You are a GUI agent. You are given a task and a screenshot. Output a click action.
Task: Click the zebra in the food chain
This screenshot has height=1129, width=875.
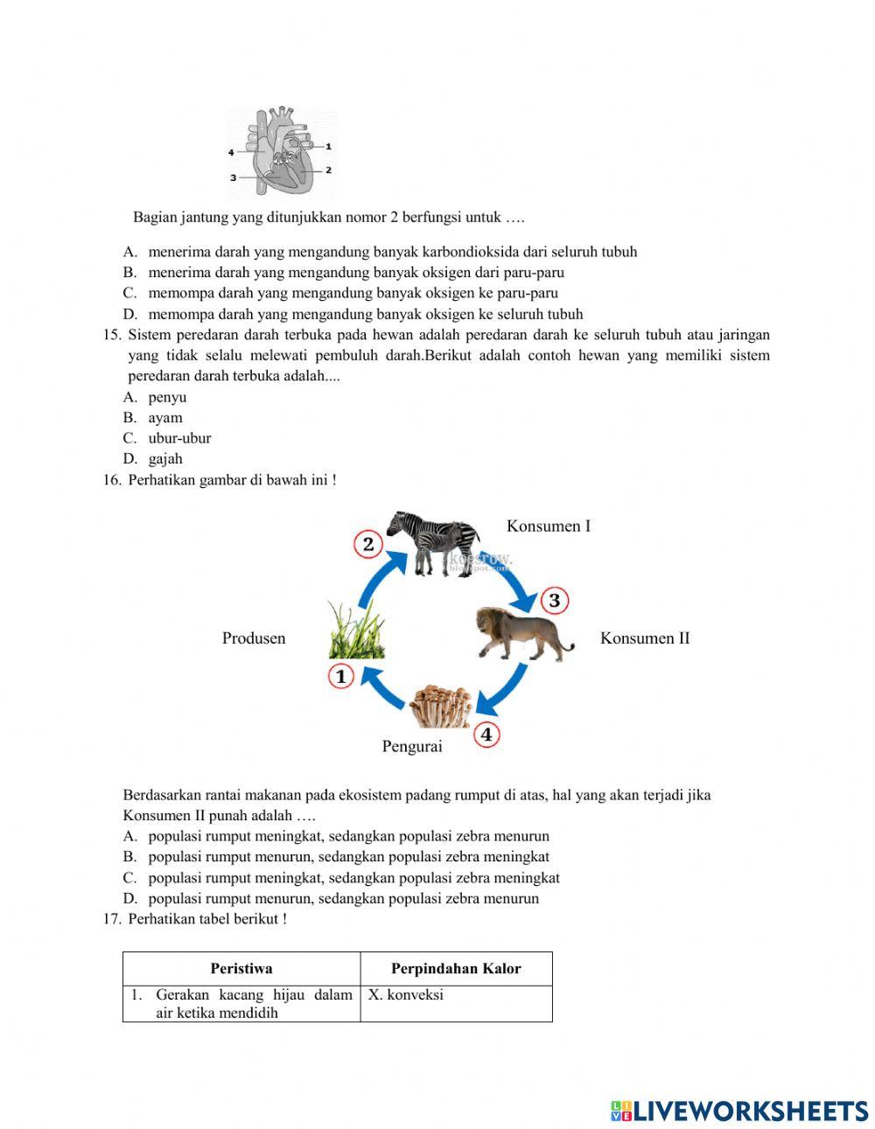point(434,542)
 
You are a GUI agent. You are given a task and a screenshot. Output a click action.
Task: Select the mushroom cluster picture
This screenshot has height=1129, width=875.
point(441,705)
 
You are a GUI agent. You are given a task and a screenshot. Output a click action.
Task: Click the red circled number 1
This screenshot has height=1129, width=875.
point(340,676)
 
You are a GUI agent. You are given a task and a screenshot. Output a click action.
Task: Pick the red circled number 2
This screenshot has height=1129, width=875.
point(367,544)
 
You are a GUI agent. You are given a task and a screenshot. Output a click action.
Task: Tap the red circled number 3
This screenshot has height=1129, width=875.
point(554,601)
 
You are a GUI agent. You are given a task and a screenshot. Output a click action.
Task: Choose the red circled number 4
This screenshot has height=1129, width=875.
point(486,735)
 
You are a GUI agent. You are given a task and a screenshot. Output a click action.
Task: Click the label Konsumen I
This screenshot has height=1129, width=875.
point(549,526)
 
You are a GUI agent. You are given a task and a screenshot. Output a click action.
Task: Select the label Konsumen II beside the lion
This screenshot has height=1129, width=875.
point(645,638)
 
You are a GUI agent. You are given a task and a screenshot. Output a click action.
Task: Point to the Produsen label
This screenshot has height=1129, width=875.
point(254,638)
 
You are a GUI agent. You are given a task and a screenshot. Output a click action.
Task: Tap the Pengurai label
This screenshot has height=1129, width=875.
point(412,746)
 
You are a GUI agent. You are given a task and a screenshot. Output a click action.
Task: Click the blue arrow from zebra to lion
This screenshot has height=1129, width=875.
point(517,585)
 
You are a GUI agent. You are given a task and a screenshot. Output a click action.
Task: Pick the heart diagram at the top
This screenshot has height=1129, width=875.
point(280,153)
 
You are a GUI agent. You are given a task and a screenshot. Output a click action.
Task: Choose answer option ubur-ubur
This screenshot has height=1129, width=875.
point(179,438)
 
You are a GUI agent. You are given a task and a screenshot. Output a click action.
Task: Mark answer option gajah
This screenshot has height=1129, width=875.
point(165,458)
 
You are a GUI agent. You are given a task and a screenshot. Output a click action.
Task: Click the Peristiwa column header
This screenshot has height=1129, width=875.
point(241,968)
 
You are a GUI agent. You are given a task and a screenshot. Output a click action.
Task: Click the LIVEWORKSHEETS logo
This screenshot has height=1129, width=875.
point(739,1111)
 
